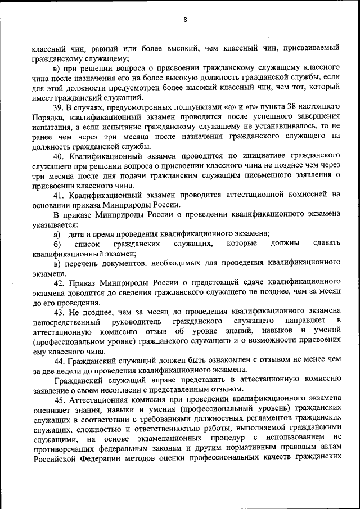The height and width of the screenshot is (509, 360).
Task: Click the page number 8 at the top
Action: (x=184, y=20)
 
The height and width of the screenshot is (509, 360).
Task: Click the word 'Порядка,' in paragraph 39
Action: (x=49, y=117)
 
